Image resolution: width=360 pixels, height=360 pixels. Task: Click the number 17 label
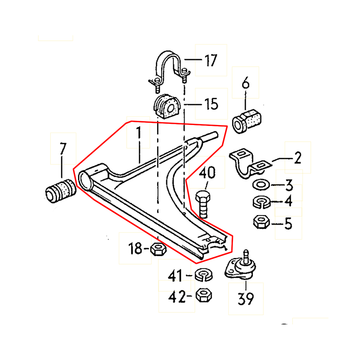[x=210, y=60]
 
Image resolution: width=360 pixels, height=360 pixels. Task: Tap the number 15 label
[x=211, y=103]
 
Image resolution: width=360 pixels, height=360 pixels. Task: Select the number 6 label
[x=245, y=84]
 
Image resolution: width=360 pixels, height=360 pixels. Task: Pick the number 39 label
[x=246, y=298]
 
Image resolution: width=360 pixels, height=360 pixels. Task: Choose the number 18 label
[x=135, y=249]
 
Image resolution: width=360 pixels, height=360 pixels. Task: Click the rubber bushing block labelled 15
[x=165, y=107]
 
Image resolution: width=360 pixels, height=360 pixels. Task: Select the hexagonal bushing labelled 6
[x=248, y=121]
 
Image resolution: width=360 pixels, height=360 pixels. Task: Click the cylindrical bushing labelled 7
[x=60, y=192]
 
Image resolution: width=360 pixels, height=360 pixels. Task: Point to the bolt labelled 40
[x=203, y=204]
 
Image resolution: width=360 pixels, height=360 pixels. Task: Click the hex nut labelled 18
[x=158, y=249]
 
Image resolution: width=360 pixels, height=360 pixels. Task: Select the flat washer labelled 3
[x=261, y=184]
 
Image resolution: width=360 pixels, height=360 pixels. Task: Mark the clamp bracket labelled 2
[x=248, y=164]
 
